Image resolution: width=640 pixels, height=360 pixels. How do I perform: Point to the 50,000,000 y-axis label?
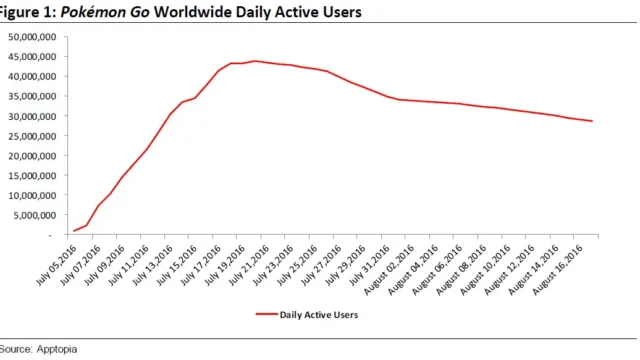point(32,37)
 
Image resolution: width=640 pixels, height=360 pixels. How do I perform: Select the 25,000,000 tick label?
point(32,136)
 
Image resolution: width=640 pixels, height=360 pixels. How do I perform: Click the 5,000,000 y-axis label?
point(35,216)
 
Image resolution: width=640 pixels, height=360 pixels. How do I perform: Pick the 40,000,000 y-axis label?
point(32,77)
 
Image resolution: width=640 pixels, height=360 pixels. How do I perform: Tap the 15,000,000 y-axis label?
point(32,176)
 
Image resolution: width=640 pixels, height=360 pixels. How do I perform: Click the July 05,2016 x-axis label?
point(57,265)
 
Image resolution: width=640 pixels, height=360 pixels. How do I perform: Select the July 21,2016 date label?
point(249,265)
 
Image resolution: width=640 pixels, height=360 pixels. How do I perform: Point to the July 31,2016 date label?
point(370,265)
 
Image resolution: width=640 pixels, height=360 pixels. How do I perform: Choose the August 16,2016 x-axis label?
point(558,269)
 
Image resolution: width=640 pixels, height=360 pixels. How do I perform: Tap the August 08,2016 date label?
point(461,269)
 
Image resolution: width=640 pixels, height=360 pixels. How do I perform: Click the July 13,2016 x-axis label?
point(153,265)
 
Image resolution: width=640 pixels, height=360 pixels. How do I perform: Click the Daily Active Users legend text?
point(319,315)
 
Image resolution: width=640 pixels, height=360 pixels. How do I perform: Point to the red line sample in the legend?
point(267,314)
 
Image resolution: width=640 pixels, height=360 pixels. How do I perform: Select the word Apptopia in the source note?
point(57,349)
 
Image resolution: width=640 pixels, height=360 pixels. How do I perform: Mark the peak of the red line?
point(255,61)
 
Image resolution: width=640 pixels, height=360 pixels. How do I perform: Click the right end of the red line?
point(592,121)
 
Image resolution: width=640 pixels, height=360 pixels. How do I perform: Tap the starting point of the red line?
point(74,231)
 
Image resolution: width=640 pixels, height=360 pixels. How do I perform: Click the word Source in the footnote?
point(16,349)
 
